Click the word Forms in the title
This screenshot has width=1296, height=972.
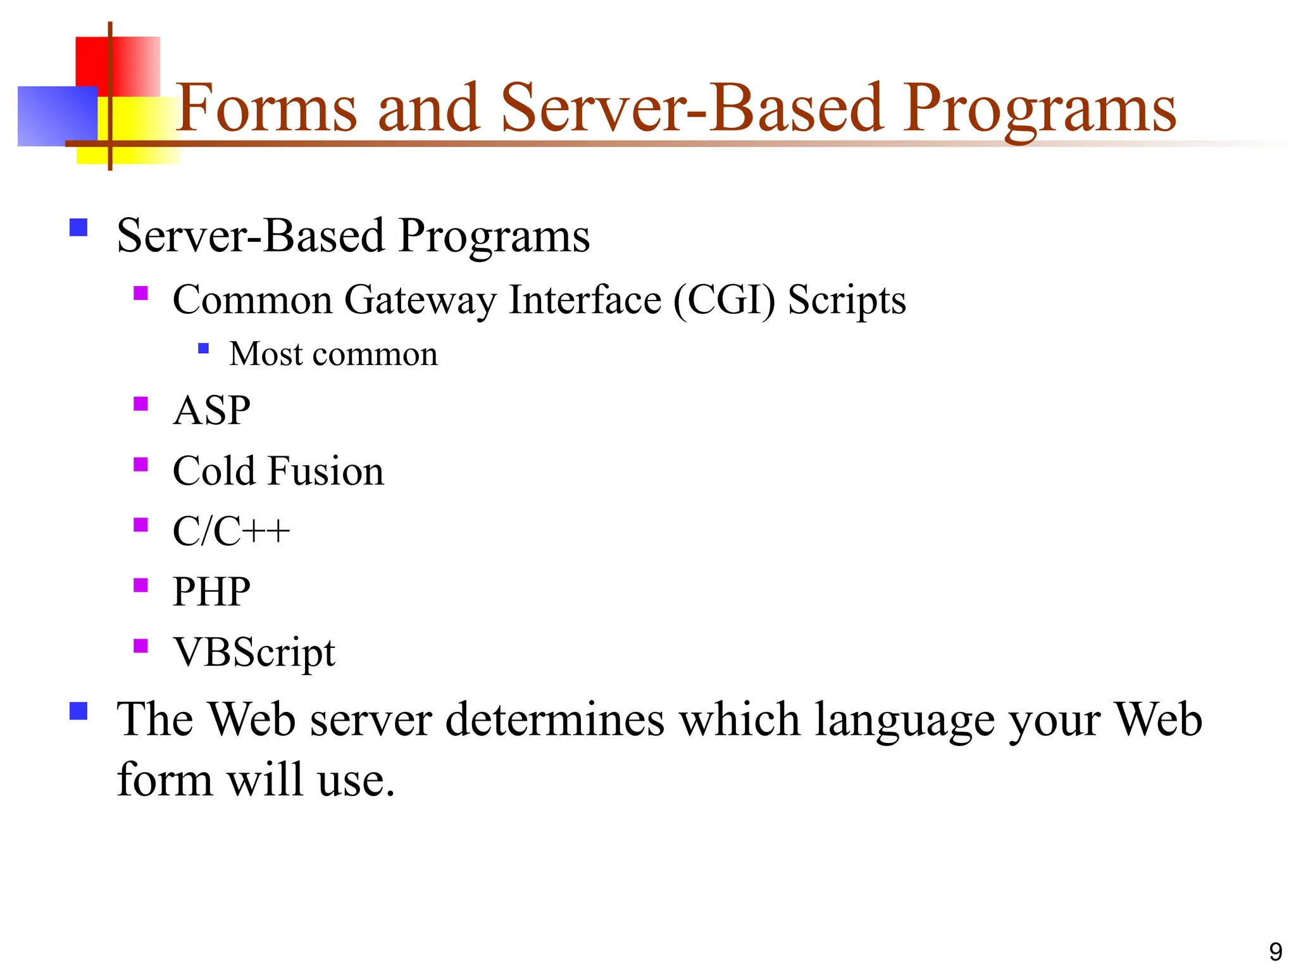click(x=266, y=109)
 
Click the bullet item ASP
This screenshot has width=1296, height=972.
click(x=211, y=411)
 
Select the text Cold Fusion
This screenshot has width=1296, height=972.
click(x=278, y=471)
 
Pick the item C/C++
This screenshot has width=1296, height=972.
click(x=231, y=532)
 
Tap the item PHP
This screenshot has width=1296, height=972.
click(x=211, y=592)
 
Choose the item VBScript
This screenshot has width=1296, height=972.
click(x=254, y=652)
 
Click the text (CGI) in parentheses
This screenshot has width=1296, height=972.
click(x=724, y=300)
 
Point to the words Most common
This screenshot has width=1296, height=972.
click(x=333, y=354)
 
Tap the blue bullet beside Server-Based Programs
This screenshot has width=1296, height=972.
click(x=78, y=228)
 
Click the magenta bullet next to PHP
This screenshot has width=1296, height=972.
click(x=140, y=585)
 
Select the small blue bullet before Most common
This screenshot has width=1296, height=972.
click(x=203, y=348)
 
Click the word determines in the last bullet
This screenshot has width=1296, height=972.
click(x=555, y=720)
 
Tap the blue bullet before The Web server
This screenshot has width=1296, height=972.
click(x=78, y=711)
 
